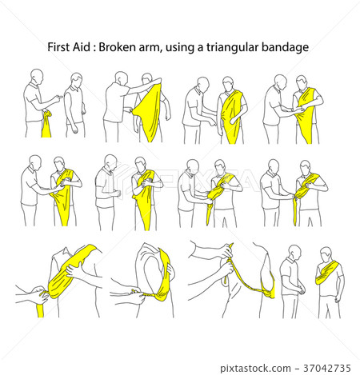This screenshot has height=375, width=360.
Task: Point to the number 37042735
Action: (327, 368)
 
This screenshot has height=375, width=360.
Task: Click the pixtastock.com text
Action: (255, 369)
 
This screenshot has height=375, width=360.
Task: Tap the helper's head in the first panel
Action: (37, 76)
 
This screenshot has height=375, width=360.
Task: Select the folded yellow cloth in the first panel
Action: (47, 124)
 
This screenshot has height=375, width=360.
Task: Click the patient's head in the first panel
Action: (76, 80)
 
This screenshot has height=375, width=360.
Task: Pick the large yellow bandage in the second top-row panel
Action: (150, 112)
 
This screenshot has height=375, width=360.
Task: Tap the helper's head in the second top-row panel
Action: (121, 79)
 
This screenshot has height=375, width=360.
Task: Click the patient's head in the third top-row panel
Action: (228, 84)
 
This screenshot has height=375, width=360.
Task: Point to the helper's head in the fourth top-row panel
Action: (280, 82)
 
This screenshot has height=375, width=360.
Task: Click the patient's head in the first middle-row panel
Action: (59, 164)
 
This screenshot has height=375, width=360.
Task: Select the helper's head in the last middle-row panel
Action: (273, 166)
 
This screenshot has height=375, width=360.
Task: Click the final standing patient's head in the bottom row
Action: (326, 254)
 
